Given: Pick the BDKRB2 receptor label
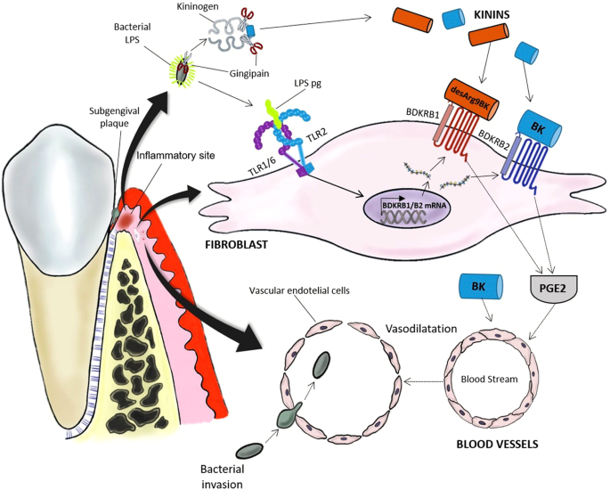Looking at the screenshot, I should (x=496, y=139).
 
